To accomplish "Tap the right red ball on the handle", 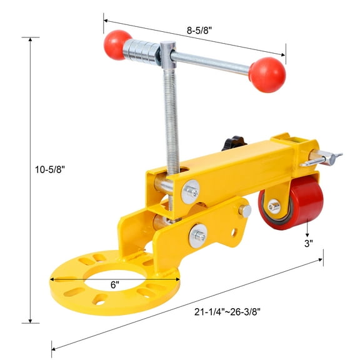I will (x=267, y=74).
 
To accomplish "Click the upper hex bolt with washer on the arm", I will (x=191, y=191).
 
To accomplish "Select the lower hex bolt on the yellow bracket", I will (x=199, y=236).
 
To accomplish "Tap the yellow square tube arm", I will (x=231, y=166).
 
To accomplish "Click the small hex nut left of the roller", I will (x=246, y=211).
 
